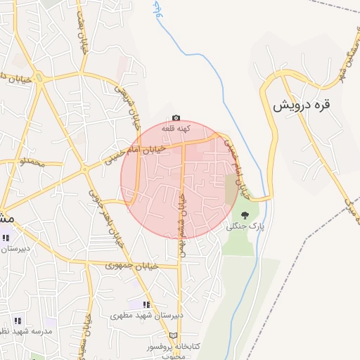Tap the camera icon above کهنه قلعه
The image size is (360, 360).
click(x=176, y=118)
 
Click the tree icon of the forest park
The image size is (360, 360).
click(x=245, y=215)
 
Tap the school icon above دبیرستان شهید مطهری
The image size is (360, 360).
click(x=147, y=304)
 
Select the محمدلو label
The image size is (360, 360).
click(x=32, y=163)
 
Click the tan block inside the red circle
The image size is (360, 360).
click(x=231, y=189)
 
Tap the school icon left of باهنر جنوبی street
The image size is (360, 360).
click(x=6, y=238)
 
